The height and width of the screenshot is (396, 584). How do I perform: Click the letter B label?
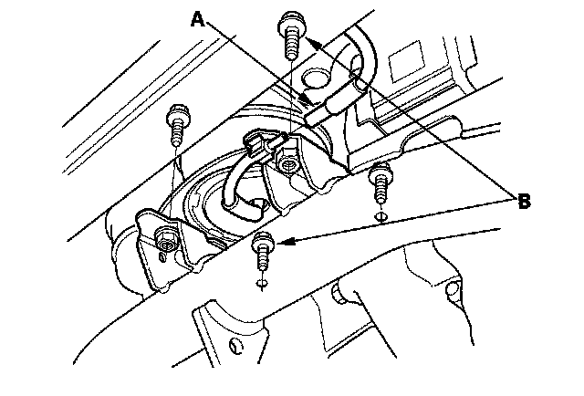click(523, 203)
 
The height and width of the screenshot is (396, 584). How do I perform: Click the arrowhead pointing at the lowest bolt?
click(282, 243)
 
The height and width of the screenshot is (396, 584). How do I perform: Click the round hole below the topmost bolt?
click(318, 76)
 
